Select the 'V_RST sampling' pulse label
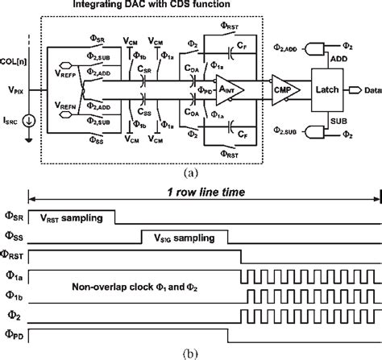pos(71,217)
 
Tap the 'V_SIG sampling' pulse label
pos(176,238)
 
